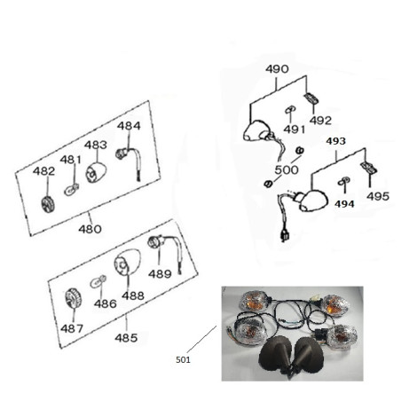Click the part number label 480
[x=90, y=229]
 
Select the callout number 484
[x=129, y=126]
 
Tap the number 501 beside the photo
[x=183, y=359]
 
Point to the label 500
[x=287, y=169]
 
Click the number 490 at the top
[x=277, y=69]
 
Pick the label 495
[x=378, y=196]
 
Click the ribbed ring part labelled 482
[x=48, y=204]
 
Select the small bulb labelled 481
[x=72, y=189]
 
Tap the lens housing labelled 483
[x=96, y=172]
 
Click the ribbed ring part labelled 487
[x=73, y=298]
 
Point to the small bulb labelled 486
[x=98, y=281]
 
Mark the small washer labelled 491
[x=290, y=109]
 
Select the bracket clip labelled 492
[x=311, y=98]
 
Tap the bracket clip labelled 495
[x=369, y=168]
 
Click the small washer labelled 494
[x=343, y=181]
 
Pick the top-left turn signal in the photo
[x=255, y=302]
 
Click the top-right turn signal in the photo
[x=335, y=306]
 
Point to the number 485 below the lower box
[x=126, y=338]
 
